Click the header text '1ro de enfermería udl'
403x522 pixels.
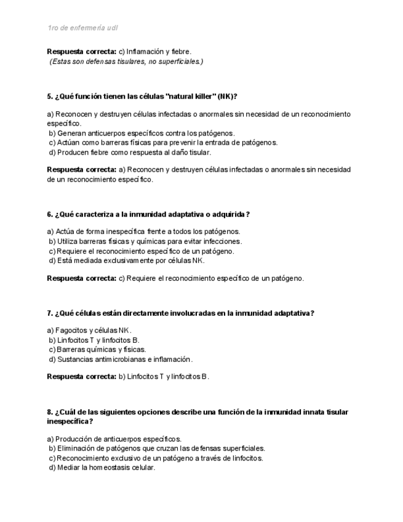82,28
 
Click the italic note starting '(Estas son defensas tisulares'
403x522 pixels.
126,62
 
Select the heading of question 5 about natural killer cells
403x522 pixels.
142,96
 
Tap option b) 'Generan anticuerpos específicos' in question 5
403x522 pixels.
142,133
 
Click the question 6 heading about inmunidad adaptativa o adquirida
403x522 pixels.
148,214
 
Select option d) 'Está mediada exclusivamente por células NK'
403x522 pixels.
127,260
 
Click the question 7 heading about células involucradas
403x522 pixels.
180,313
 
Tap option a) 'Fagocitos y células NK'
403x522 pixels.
90,330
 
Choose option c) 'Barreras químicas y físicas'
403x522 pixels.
97,350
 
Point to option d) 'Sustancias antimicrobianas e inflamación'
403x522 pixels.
121,359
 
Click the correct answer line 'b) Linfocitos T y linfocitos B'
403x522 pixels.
128,377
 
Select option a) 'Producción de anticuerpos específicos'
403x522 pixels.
114,439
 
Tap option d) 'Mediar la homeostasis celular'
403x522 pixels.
102,468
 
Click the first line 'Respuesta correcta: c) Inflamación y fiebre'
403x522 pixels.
119,52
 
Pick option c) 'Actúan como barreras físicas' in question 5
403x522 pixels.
163,143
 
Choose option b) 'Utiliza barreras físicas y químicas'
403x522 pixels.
145,241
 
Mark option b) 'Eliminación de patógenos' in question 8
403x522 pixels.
157,449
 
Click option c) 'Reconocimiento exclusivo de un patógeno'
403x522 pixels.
156,459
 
